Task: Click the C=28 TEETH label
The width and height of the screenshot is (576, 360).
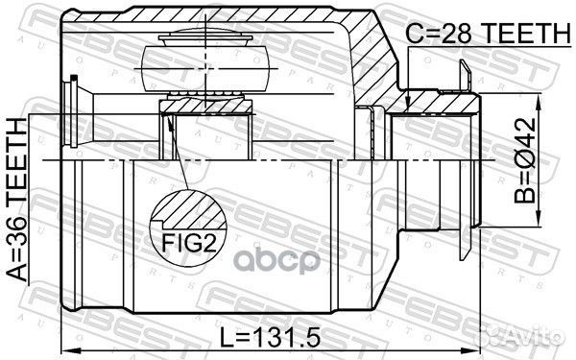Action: pos(488,33)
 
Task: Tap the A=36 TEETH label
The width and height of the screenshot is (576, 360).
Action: pos(17,201)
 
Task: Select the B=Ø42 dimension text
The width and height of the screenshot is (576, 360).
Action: pos(525,160)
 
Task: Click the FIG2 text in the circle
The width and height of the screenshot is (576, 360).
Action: pos(189,243)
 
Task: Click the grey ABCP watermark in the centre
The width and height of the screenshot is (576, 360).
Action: pos(277,260)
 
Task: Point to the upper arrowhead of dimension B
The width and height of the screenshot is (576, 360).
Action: pos(539,102)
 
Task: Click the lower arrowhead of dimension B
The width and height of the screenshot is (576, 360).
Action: pos(539,219)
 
